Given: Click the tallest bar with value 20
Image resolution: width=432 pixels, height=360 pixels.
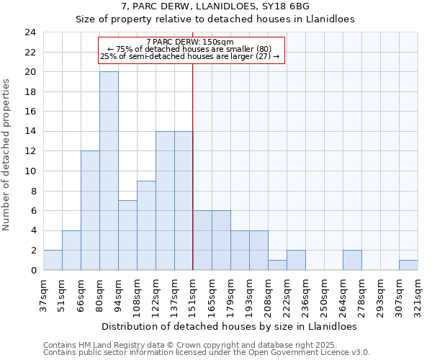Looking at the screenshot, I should click(x=109, y=171).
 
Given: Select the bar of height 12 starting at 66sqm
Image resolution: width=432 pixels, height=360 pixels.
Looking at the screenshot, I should click(x=90, y=211).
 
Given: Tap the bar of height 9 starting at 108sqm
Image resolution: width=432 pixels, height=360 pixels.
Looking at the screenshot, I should click(x=146, y=225).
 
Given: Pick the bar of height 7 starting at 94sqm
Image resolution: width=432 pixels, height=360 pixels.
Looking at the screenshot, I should click(x=127, y=235).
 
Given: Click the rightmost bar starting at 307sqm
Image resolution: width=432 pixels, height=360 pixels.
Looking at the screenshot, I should click(x=408, y=265).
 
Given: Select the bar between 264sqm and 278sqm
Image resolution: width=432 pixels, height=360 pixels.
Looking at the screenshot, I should click(x=352, y=260).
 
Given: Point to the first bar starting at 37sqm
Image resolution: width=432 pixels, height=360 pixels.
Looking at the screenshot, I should click(x=53, y=260).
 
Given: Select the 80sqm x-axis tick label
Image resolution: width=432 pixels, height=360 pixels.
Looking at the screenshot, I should click(x=99, y=294).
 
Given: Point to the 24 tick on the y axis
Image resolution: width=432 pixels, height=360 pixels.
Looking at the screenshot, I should click(x=30, y=32).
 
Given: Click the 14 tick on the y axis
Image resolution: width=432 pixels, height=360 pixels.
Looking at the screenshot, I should click(x=30, y=132).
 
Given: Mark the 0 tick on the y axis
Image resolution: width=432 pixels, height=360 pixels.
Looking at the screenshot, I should click(x=33, y=270).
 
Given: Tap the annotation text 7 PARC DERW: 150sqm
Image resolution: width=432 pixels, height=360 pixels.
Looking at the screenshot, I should click(x=189, y=42).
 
